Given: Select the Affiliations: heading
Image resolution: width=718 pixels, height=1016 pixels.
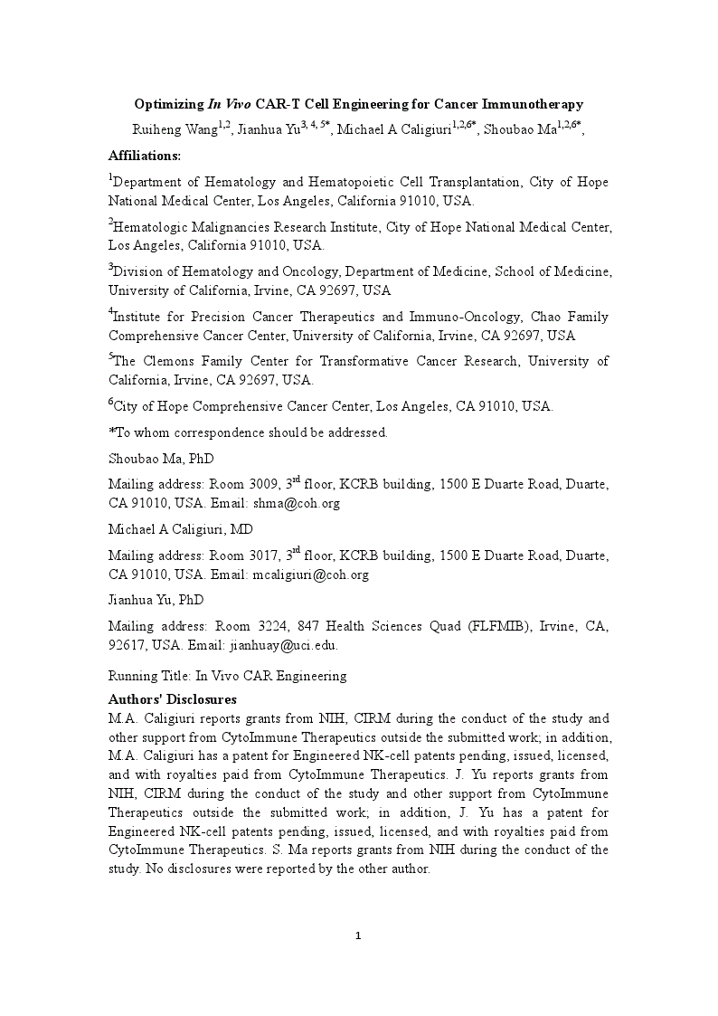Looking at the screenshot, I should coord(145,156).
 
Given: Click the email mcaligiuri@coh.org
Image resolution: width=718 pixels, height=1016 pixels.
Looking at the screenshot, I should coord(310,575).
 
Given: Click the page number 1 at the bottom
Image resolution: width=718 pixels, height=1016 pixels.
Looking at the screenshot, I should coord(358,935).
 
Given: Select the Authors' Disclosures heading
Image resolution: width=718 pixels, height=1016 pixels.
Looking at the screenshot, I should coord(172,699).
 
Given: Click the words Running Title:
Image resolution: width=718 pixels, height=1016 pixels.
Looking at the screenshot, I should coord(150,676).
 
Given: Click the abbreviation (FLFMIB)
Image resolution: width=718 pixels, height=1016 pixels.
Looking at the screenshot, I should coord(497,627).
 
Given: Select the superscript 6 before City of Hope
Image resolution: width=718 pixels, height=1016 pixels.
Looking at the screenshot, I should coord(111,402).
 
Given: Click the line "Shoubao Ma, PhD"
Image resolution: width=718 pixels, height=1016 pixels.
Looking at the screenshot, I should coord(161,460).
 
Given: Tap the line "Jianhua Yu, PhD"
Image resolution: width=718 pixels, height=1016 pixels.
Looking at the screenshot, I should coord(156,601).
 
